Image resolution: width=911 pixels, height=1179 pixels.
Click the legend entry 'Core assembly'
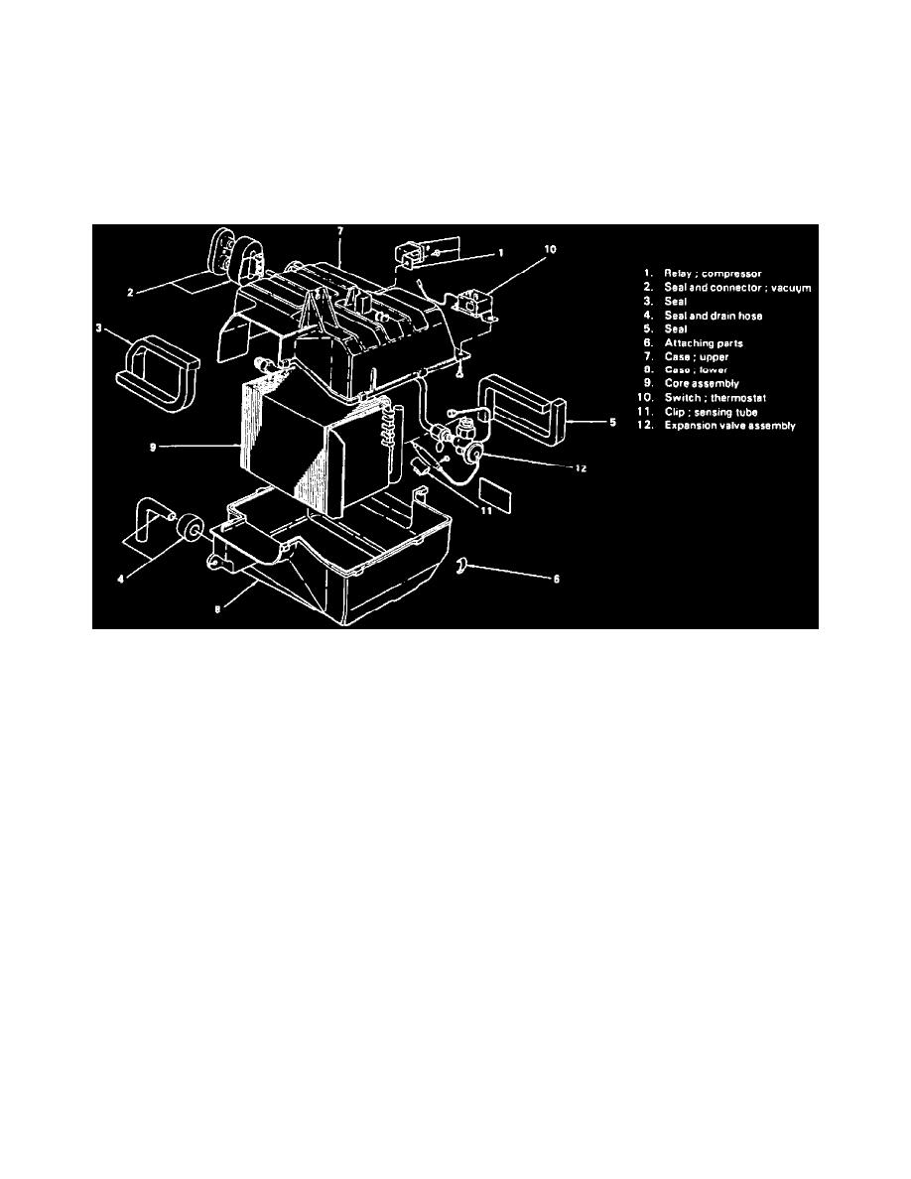point(702,384)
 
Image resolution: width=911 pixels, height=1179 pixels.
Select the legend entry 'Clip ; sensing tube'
point(711,412)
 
